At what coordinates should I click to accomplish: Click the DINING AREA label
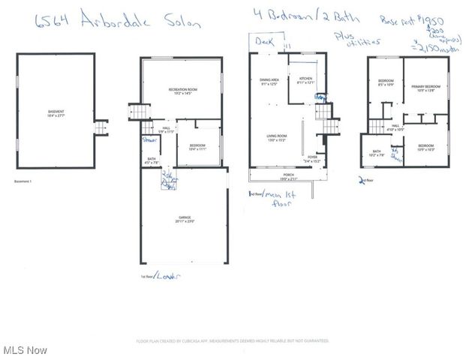(269, 81)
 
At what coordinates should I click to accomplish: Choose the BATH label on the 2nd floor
(376, 153)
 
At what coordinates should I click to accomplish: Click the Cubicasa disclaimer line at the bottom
(232, 340)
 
